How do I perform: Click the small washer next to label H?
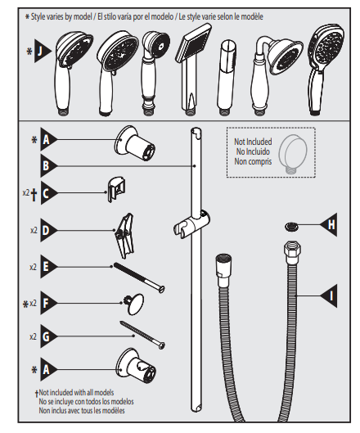(x=291, y=227)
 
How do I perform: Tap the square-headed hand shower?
(x=192, y=69)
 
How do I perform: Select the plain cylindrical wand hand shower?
(x=226, y=77)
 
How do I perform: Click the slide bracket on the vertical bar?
(x=191, y=224)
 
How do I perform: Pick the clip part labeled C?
(x=116, y=189)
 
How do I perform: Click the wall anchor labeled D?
(x=125, y=236)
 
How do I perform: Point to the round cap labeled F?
(x=134, y=304)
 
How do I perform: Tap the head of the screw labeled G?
(x=161, y=345)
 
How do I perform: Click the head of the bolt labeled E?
(x=161, y=289)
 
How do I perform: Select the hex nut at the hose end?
(x=292, y=250)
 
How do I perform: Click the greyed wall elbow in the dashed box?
(x=293, y=154)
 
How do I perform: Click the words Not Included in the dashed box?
(x=253, y=142)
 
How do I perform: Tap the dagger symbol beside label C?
(x=34, y=195)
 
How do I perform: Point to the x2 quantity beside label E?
(x=33, y=267)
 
